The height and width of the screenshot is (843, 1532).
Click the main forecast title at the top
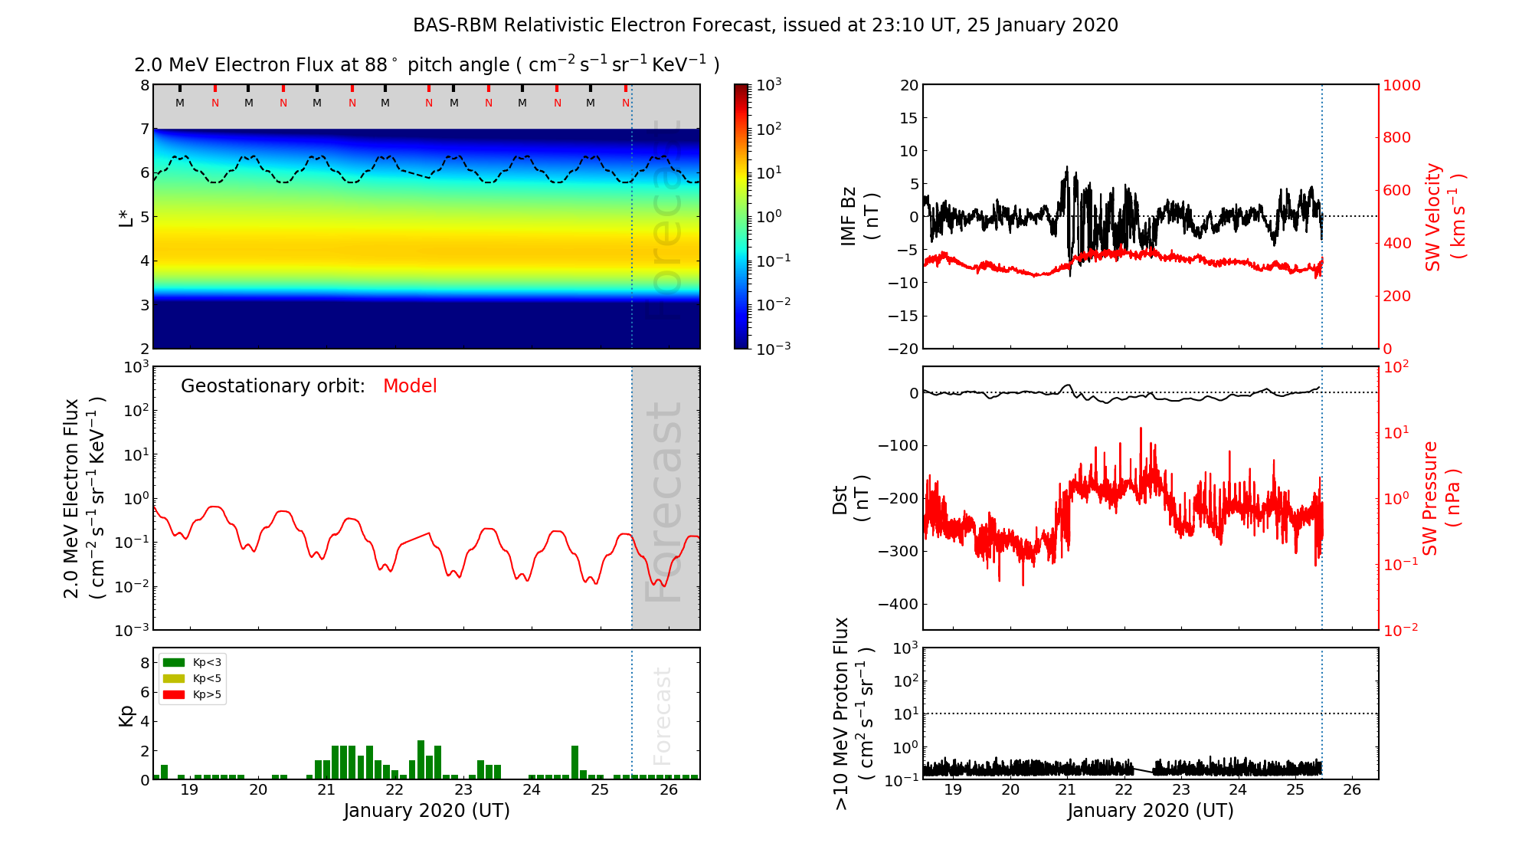(x=765, y=25)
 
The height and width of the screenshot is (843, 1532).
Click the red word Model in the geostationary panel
(x=410, y=386)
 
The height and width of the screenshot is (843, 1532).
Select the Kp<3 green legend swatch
(x=174, y=662)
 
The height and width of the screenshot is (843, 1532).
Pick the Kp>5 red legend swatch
(x=174, y=695)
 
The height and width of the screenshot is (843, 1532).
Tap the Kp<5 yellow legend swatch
(x=174, y=679)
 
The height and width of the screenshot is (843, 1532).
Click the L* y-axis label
(x=126, y=217)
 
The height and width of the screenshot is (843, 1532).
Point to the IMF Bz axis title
(x=859, y=216)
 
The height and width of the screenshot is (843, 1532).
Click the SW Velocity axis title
(x=1444, y=216)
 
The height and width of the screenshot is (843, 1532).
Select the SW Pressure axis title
(x=1441, y=498)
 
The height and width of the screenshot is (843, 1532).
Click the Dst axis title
(x=850, y=498)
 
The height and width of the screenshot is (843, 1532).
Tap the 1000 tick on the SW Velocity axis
(x=1401, y=85)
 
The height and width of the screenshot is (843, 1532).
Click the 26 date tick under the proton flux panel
(x=1351, y=790)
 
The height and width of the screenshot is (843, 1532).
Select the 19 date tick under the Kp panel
(x=189, y=790)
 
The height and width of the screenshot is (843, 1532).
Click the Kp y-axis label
(x=126, y=715)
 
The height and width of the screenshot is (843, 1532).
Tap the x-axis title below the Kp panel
(x=427, y=811)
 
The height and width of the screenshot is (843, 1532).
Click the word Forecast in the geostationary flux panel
(x=664, y=501)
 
